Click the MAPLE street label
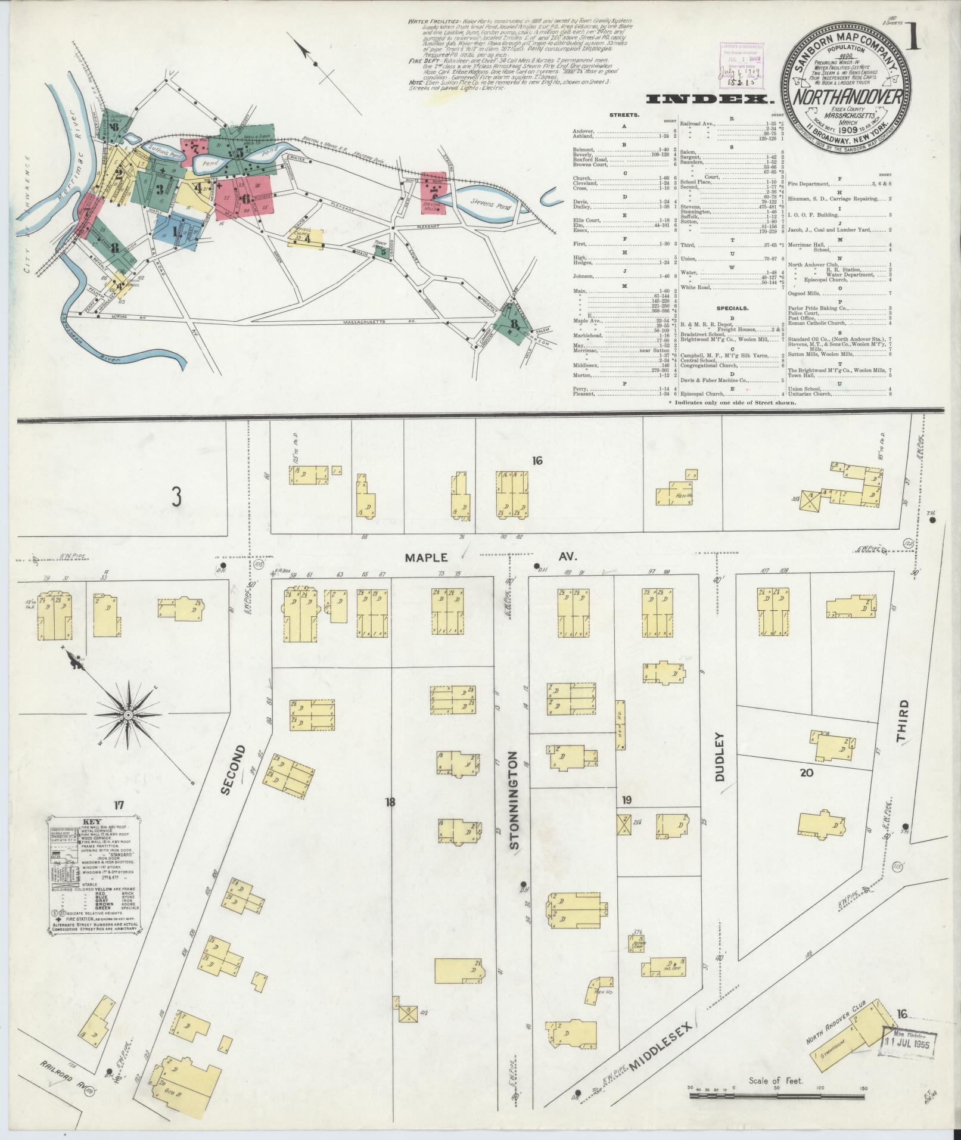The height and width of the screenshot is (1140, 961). (x=426, y=558)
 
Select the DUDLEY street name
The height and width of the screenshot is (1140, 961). (x=719, y=757)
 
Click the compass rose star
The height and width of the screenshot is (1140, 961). (x=127, y=713)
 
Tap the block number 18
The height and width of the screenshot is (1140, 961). (x=390, y=802)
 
